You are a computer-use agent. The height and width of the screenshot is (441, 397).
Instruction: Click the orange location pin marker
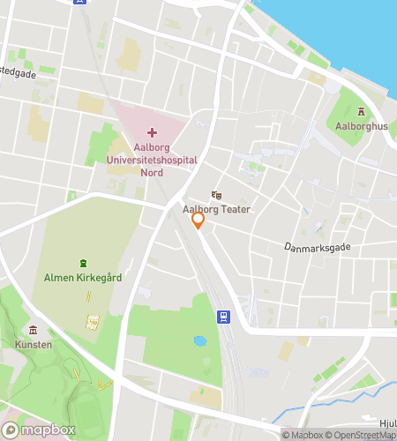[198, 220]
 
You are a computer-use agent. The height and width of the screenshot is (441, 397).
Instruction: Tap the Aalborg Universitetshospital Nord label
[152, 160]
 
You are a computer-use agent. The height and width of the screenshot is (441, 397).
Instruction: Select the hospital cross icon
[152, 132]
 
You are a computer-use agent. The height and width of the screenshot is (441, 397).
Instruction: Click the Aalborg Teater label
[216, 209]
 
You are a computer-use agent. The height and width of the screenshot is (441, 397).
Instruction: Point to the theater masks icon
[216, 195]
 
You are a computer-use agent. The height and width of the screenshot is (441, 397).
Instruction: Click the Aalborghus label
[362, 126]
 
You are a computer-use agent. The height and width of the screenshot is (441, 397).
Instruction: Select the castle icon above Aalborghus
[362, 111]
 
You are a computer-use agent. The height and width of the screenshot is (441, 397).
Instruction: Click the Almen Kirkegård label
[83, 277]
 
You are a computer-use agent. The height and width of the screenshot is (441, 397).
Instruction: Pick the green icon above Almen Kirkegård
[83, 263]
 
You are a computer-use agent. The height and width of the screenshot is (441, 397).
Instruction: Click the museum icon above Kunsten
[34, 329]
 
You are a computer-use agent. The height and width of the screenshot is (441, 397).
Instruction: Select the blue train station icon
[225, 317]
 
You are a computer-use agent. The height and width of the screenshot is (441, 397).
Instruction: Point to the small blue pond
[200, 340]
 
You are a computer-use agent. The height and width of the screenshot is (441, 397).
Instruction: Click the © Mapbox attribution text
[303, 435]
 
